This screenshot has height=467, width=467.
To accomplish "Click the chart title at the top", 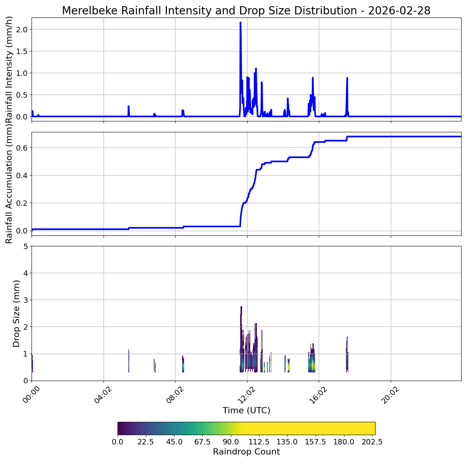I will click(246, 11).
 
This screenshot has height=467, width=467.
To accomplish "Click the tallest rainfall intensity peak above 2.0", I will click(240, 23).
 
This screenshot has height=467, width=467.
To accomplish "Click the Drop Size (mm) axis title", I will click(16, 313).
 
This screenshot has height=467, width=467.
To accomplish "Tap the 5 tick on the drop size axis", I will click(25, 246).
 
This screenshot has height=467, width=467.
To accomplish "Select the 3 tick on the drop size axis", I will click(25, 300).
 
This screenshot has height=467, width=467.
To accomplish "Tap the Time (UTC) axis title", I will click(246, 411).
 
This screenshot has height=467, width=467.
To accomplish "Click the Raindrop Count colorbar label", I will click(246, 452).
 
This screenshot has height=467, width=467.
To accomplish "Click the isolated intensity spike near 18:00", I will click(347, 78).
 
